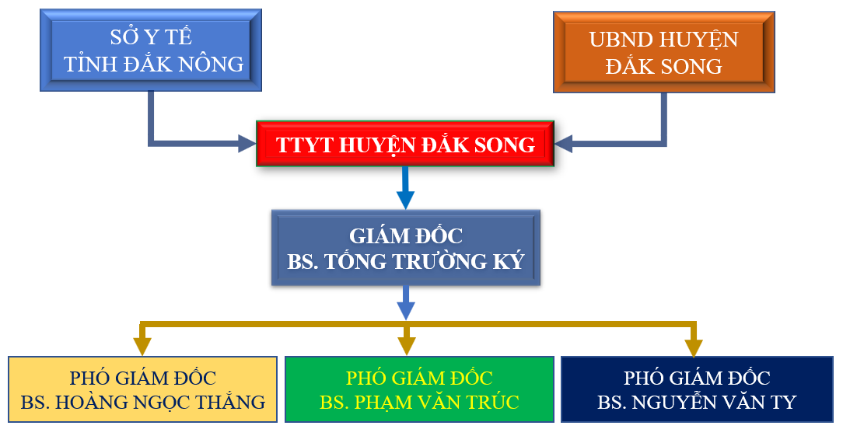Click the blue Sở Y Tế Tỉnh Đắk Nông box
(151, 50)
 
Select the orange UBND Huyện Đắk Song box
(664, 52)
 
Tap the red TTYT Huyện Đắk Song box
(405, 144)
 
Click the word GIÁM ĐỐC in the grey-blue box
(406, 235)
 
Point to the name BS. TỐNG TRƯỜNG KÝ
(406, 261)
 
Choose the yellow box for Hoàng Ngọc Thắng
(142, 389)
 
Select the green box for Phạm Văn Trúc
(419, 389)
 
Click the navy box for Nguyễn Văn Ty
(697, 389)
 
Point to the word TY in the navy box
(783, 402)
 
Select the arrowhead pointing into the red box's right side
(564, 144)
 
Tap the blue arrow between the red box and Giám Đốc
(405, 187)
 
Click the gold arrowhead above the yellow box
(142, 347)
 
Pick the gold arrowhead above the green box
(407, 347)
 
